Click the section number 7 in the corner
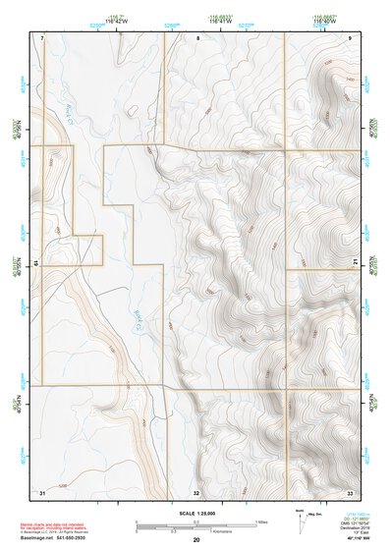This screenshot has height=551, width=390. [x=43, y=37]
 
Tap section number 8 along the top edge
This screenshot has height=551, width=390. [x=197, y=37]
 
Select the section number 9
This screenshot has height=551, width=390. [x=350, y=37]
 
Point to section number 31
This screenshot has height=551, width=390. [x=42, y=490]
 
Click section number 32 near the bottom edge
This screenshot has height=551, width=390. [x=196, y=491]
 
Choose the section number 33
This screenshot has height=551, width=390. [x=350, y=490]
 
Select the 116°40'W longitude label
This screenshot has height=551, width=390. [x=325, y=20]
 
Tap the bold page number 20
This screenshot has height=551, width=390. [x=196, y=539]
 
